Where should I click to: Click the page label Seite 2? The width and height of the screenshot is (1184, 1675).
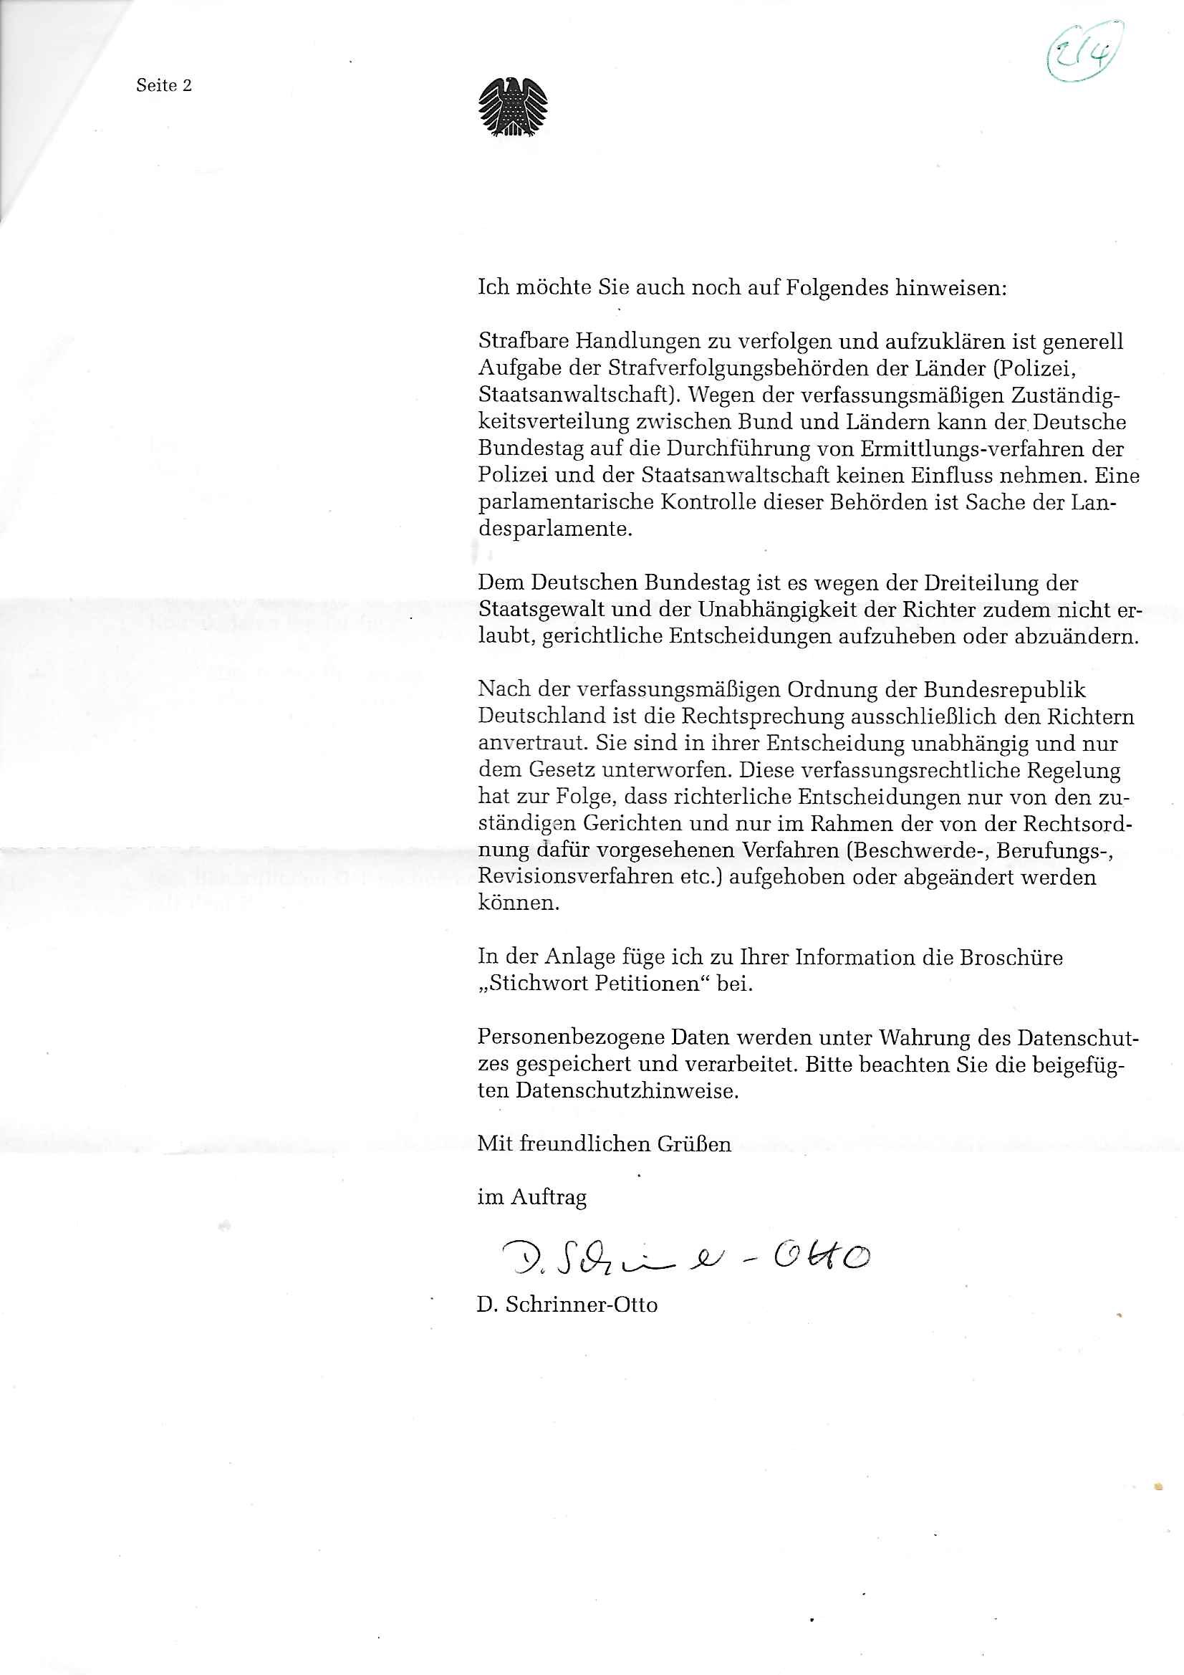point(163,86)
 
